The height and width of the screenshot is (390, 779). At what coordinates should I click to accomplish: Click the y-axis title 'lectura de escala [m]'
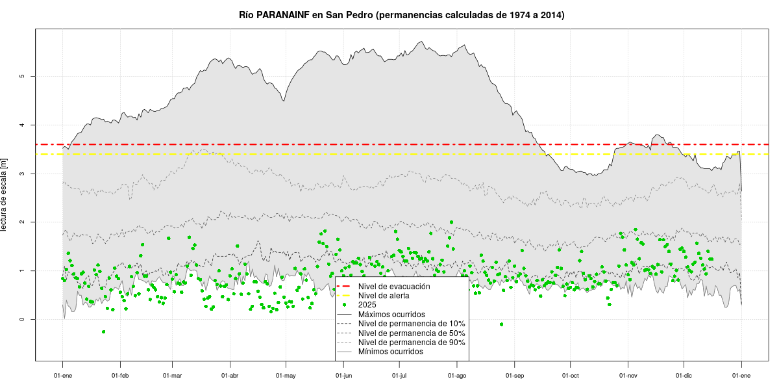click(x=5, y=195)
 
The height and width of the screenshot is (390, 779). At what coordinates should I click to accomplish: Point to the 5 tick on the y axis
click(x=21, y=77)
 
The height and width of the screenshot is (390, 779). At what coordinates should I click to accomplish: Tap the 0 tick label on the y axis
click(x=21, y=319)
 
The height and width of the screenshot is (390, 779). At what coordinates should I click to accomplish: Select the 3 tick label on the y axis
click(x=21, y=174)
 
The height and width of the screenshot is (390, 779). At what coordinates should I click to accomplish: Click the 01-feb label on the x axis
click(x=120, y=376)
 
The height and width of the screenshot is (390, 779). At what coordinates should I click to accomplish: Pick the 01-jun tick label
click(x=343, y=376)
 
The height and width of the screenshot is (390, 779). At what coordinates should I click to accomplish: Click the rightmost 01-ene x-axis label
click(x=741, y=376)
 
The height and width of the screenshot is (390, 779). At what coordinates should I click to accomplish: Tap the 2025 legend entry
click(x=367, y=305)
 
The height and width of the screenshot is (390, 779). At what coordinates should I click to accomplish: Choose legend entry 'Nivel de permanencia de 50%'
click(x=412, y=333)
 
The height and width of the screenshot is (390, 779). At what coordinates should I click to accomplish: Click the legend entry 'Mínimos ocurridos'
click(x=390, y=352)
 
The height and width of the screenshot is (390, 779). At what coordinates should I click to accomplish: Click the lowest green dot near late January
click(x=103, y=332)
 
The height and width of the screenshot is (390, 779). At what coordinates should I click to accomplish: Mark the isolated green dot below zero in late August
click(x=502, y=324)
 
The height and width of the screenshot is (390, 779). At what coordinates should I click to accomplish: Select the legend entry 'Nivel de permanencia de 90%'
click(x=412, y=343)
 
